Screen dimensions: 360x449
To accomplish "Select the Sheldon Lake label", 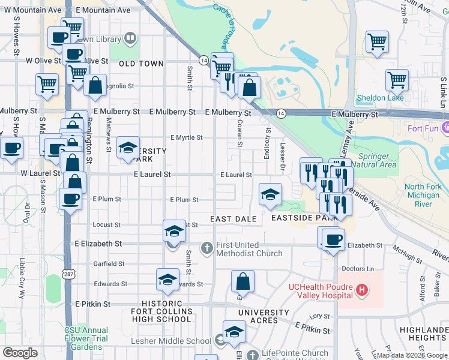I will [x=380, y=98].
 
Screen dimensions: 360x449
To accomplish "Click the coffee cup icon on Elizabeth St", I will [x=333, y=240].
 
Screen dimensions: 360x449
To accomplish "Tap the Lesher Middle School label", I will [x=171, y=341].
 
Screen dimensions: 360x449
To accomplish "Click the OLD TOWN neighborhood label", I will [x=141, y=64].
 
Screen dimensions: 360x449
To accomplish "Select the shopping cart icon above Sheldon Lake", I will [x=397, y=80].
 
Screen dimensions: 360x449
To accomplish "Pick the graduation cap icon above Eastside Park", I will [x=270, y=194].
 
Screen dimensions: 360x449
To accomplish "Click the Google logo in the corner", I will [x=20, y=353].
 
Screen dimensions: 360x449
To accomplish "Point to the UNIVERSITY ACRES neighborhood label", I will [x=264, y=313].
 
